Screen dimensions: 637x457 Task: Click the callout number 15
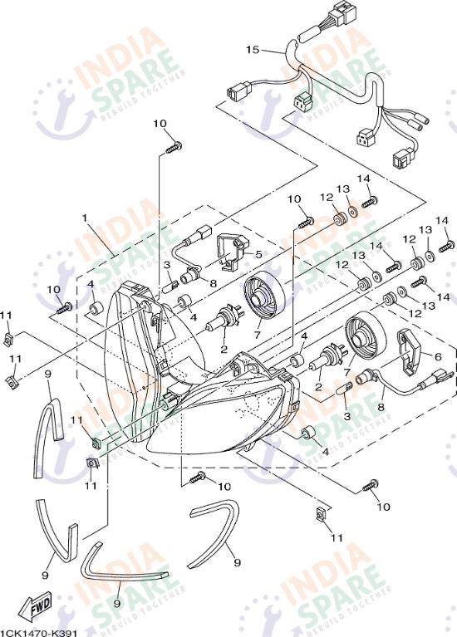point(253,50)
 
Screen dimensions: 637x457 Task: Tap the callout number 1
point(84,218)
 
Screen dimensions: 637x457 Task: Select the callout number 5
point(258,254)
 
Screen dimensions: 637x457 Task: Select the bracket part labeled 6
point(412,349)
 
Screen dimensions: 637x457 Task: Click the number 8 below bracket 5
point(213,282)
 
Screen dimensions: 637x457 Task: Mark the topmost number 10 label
point(160,124)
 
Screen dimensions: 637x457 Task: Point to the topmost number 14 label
point(363,179)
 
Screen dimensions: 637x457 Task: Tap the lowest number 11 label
point(336,538)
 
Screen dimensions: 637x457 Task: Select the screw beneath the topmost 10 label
point(173,147)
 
